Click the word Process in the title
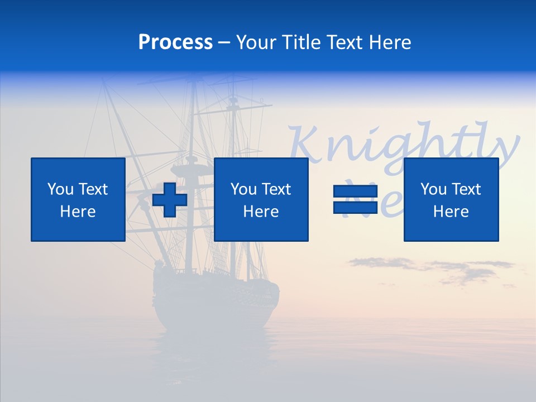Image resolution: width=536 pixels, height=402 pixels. [x=175, y=42]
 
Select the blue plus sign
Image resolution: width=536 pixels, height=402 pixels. [x=170, y=200]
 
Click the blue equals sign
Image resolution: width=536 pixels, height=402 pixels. [x=355, y=199]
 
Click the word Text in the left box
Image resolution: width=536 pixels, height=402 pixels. [x=93, y=189]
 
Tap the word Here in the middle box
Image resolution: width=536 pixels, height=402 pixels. [x=261, y=212]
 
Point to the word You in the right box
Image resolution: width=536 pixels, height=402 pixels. [x=433, y=189]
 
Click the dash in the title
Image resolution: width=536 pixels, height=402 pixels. [x=224, y=43]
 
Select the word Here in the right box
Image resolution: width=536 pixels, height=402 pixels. [x=451, y=212]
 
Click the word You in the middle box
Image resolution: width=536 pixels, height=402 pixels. [x=243, y=189]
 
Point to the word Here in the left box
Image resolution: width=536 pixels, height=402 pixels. [x=78, y=212]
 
